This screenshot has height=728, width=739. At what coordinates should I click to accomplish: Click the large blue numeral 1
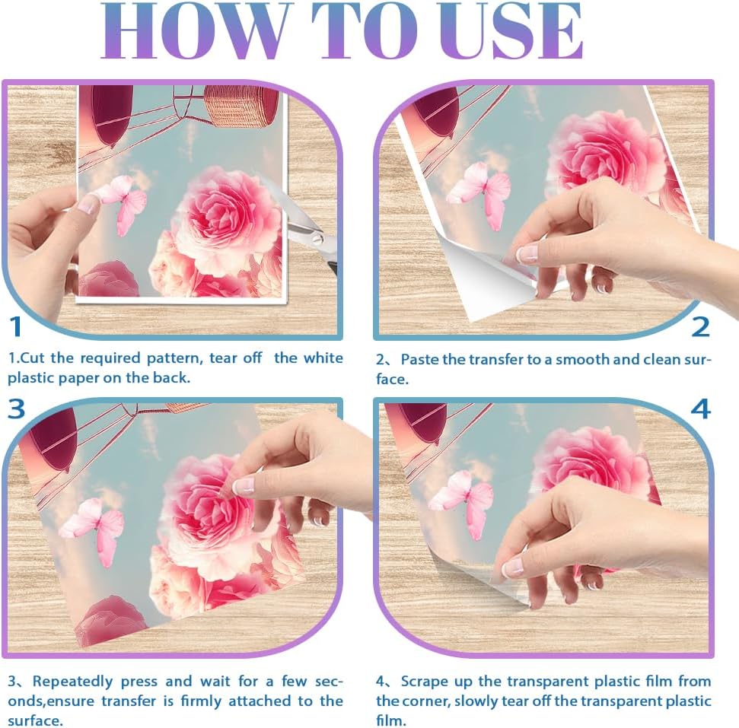15,326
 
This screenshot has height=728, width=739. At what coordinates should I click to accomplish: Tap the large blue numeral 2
700,327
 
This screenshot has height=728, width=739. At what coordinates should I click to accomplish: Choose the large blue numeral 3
16,408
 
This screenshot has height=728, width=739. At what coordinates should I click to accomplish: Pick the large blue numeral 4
700,409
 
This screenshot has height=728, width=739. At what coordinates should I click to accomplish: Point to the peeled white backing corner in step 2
486,278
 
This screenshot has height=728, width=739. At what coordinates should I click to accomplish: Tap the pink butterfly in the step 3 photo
94,530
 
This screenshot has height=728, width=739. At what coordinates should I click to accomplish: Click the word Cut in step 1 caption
33,358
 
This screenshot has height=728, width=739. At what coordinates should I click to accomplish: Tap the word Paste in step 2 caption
420,360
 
